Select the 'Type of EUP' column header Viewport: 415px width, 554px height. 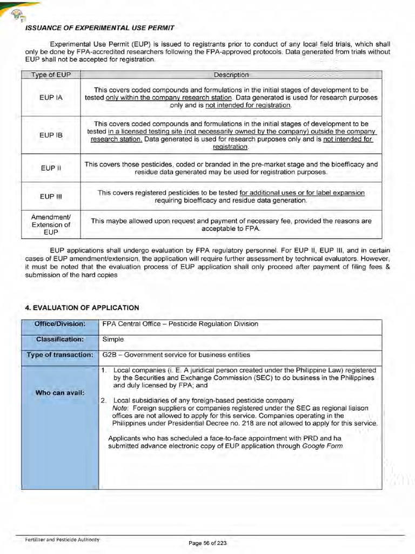click(x=51, y=75)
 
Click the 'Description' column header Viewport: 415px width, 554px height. click(x=231, y=75)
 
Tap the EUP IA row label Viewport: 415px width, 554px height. click(x=51, y=97)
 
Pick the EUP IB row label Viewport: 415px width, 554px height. click(x=51, y=135)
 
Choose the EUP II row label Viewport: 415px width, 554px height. click(x=51, y=168)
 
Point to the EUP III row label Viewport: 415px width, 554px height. click(x=51, y=196)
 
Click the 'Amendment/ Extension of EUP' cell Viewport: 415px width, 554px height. click(x=51, y=225)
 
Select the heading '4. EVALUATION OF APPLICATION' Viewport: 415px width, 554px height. click(x=82, y=307)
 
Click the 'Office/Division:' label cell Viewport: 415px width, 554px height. click(x=60, y=324)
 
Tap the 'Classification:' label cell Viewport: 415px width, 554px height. click(x=60, y=339)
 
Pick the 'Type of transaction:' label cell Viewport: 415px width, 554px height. click(x=60, y=355)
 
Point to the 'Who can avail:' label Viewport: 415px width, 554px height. click(x=60, y=392)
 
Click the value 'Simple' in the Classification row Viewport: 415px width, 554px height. click(x=113, y=339)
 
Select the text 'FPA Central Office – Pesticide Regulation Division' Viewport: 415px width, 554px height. click(x=180, y=324)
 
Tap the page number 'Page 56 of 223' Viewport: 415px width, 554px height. click(x=207, y=543)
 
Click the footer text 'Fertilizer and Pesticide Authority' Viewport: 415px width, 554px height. click(x=62, y=539)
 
